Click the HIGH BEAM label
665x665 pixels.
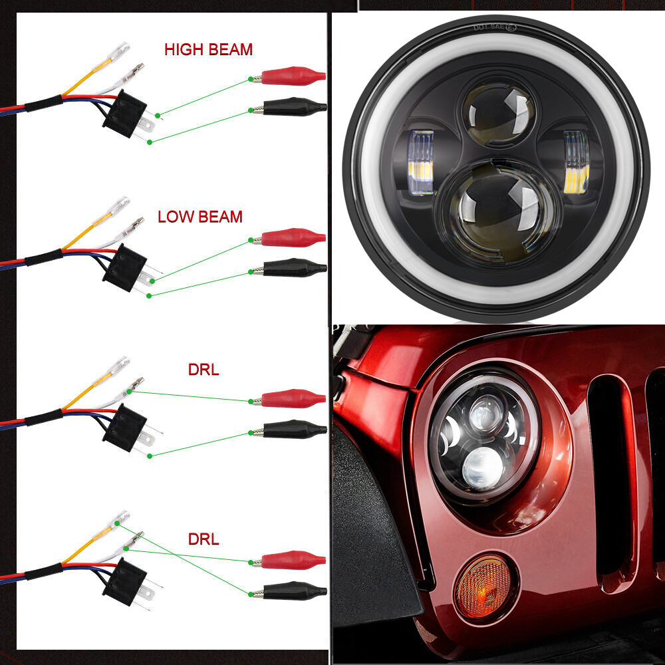click(x=208, y=50)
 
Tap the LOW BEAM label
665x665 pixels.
click(x=199, y=217)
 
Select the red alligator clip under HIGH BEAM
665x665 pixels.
click(x=289, y=76)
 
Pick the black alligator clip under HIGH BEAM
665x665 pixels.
click(x=290, y=106)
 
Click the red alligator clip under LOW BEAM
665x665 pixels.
click(x=289, y=237)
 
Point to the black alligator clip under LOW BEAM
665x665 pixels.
click(x=290, y=267)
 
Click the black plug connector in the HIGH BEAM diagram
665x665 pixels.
click(x=125, y=113)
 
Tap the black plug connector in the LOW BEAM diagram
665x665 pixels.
click(x=125, y=267)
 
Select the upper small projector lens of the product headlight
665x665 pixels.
click(x=498, y=112)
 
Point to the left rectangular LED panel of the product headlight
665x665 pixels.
click(x=421, y=162)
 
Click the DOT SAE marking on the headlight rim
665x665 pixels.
click(x=495, y=27)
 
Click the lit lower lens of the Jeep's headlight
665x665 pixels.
click(x=482, y=467)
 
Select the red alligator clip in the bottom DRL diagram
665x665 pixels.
click(x=289, y=560)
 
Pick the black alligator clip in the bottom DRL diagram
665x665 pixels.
click(x=290, y=591)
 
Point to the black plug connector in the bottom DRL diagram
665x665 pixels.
click(x=125, y=581)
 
